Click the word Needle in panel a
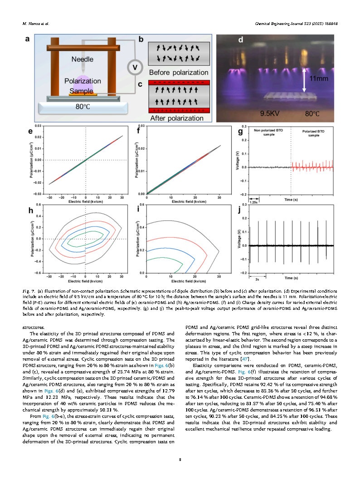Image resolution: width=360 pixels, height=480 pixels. pyautogui.click(x=83, y=59)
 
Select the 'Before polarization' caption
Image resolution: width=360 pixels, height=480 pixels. pyautogui.click(x=179, y=73)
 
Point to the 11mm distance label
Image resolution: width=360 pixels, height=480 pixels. pyautogui.click(x=319, y=78)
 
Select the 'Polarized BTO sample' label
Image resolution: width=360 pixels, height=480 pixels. pyautogui.click(x=314, y=132)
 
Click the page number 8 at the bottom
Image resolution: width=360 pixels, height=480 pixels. pyautogui.click(x=180, y=460)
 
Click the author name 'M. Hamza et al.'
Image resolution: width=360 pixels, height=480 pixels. pyautogui.click(x=35, y=24)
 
